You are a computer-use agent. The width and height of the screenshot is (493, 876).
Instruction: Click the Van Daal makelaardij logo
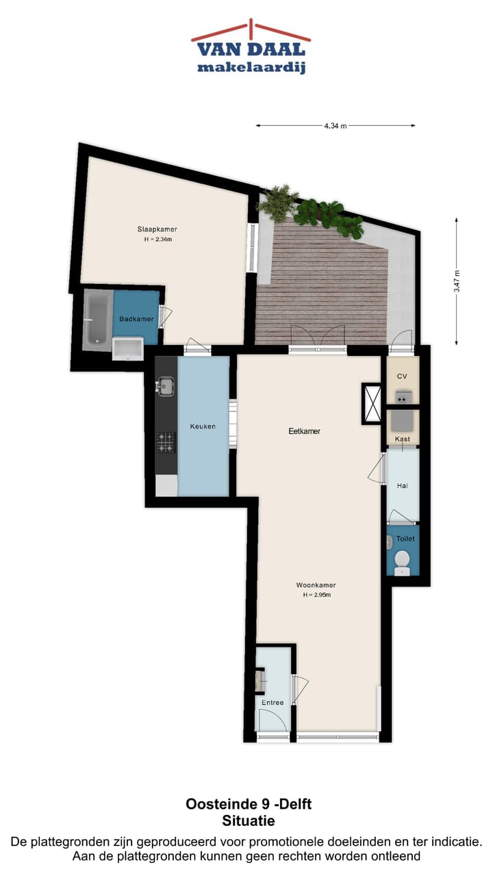click(251, 48)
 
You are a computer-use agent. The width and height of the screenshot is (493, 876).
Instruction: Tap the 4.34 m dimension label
click(336, 126)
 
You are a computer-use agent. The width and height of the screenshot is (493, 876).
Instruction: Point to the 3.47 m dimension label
click(457, 281)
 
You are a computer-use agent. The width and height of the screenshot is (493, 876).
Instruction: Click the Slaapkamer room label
click(162, 229)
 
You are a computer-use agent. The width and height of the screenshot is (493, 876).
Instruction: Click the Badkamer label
click(136, 319)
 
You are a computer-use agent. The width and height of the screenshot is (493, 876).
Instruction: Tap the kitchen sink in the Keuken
click(164, 387)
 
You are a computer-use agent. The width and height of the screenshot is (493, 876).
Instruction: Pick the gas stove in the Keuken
click(165, 442)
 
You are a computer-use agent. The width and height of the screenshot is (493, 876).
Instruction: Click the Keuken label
click(203, 426)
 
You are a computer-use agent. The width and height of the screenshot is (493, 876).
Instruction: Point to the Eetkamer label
click(304, 431)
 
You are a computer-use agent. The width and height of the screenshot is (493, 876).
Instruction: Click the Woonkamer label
click(316, 585)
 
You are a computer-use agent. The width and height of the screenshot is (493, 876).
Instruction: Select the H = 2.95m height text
click(317, 595)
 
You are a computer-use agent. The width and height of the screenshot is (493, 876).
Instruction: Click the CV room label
click(402, 376)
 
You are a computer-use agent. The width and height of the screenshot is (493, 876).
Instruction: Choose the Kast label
click(403, 439)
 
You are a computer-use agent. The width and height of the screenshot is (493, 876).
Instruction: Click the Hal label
click(403, 486)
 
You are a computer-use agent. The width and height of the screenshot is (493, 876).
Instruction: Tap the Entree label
click(273, 703)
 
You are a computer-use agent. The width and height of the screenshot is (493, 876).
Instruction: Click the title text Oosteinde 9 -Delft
click(249, 804)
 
